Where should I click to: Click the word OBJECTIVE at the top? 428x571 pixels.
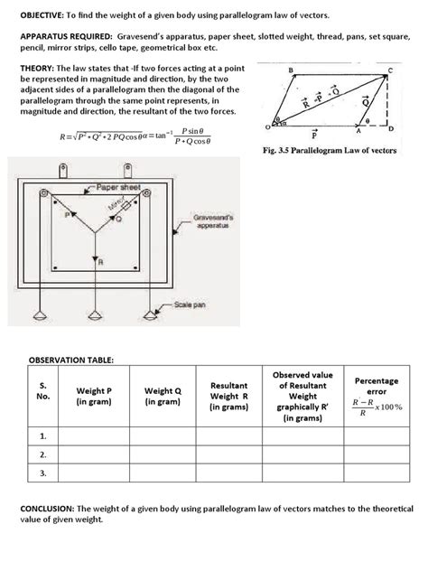(44, 16)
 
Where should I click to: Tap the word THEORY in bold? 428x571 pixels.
(39, 69)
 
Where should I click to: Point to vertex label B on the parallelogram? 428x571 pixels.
(291, 69)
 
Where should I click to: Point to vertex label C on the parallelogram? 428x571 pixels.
(390, 69)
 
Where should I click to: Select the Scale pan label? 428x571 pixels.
(191, 304)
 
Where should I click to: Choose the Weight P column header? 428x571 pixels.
(95, 396)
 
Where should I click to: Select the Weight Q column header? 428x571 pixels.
(163, 396)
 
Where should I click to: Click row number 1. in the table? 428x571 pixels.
(42, 436)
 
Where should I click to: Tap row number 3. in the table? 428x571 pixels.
(42, 473)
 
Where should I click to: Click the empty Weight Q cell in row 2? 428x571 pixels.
(163, 454)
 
